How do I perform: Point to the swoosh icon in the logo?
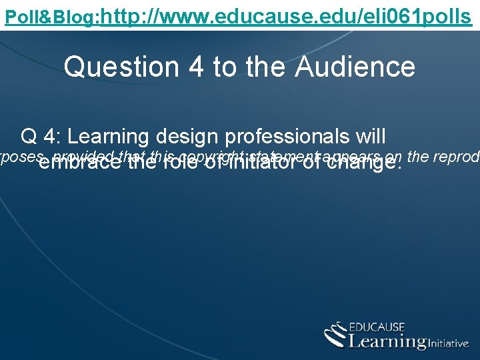tap(335, 335)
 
